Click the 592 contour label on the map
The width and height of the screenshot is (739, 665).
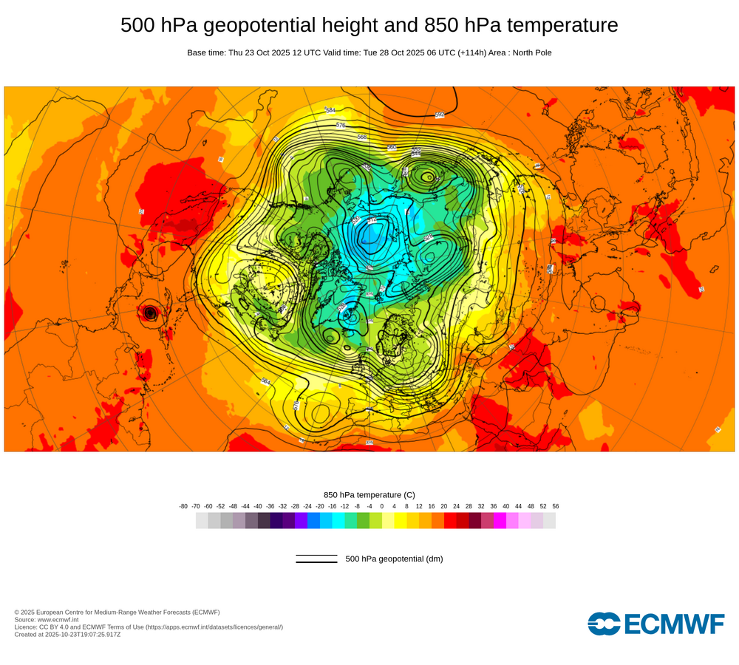tap(440, 115)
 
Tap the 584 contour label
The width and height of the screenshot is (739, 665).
tap(330, 110)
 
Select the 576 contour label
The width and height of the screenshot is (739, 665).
tap(341, 126)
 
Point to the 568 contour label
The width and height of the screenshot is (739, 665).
tap(362, 137)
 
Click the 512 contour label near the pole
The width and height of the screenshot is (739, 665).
tap(372, 219)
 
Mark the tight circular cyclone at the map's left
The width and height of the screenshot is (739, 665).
tap(151, 313)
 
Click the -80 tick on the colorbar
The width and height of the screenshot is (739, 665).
tap(183, 506)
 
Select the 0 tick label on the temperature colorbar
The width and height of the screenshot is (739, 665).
tap(382, 506)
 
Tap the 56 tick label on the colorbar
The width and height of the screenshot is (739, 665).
tap(556, 506)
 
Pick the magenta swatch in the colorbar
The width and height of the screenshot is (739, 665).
tap(500, 521)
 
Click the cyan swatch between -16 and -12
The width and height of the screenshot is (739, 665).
tap(338, 521)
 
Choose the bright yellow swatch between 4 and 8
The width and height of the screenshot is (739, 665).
tap(401, 521)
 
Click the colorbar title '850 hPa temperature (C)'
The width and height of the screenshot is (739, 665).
tap(369, 494)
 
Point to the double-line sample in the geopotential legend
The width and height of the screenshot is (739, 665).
tap(316, 559)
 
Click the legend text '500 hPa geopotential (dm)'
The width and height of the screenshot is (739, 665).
tap(394, 559)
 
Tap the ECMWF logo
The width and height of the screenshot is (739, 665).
tap(656, 624)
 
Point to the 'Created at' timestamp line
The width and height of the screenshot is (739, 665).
tap(67, 634)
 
